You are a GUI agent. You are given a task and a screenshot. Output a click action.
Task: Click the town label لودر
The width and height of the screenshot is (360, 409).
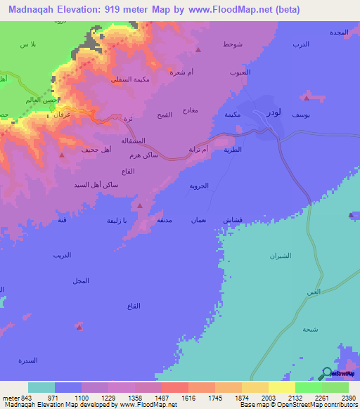[274, 112]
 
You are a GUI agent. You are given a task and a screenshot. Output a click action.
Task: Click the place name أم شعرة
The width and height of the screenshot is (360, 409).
[183, 71]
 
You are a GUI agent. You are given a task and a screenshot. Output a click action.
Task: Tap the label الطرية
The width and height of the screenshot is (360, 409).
[233, 150]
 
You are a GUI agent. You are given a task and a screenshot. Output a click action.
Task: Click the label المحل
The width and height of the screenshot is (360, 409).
[81, 280]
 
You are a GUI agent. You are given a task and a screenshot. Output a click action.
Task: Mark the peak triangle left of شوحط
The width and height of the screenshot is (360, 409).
[199, 50]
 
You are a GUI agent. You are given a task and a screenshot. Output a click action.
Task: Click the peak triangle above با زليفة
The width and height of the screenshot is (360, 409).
[140, 206]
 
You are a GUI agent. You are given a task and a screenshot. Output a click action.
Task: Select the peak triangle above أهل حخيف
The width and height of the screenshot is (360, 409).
[63, 155]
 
